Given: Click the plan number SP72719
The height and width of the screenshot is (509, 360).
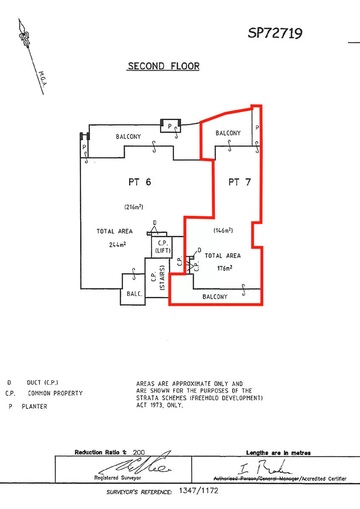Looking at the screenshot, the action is click(275, 33).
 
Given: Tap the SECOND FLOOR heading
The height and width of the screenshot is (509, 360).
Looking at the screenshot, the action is click(163, 66).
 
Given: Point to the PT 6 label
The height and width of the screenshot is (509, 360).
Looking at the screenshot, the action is click(140, 182).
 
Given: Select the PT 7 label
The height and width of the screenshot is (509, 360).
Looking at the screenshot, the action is click(239, 182).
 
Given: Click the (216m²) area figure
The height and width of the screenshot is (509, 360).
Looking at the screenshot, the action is click(134, 207).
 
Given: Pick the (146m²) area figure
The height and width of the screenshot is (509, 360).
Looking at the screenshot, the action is click(223, 230).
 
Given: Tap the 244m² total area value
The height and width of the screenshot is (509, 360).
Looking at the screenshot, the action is click(117, 244).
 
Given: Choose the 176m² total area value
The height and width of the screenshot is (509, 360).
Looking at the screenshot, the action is click(225, 268).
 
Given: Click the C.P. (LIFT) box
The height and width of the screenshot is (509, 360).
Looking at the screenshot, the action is click(162, 247).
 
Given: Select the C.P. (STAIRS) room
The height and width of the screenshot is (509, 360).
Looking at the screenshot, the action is click(157, 278).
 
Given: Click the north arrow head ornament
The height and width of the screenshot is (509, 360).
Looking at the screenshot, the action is click(24, 36).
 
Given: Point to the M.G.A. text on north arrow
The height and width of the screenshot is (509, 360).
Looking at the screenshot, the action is click(43, 79).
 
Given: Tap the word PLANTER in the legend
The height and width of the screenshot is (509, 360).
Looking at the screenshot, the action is click(34, 406).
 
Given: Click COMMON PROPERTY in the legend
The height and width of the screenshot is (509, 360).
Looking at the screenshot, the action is click(55, 393).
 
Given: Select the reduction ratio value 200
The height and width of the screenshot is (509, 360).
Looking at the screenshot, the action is click(139, 453).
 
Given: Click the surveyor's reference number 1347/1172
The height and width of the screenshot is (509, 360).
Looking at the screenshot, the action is click(199, 491).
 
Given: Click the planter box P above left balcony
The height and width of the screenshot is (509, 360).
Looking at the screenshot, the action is click(171, 126).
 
